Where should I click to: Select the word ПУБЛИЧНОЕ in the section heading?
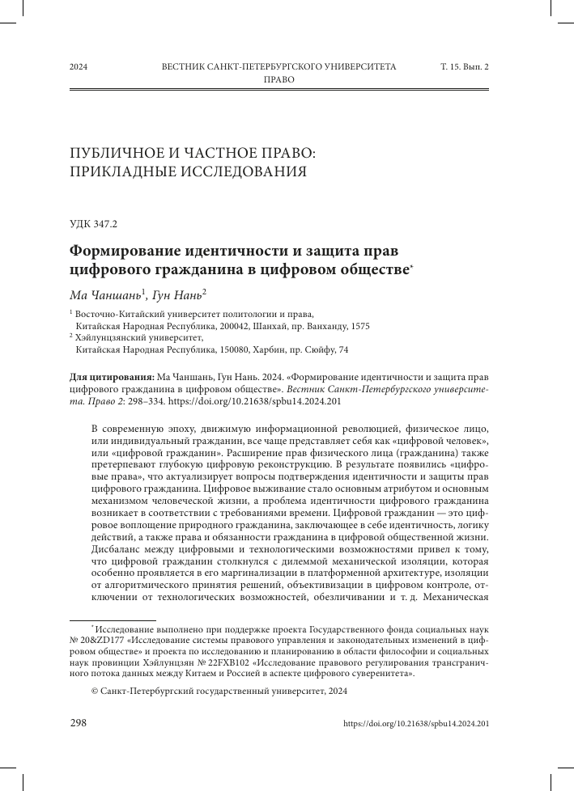click(117, 152)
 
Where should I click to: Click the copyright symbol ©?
click(95, 692)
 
